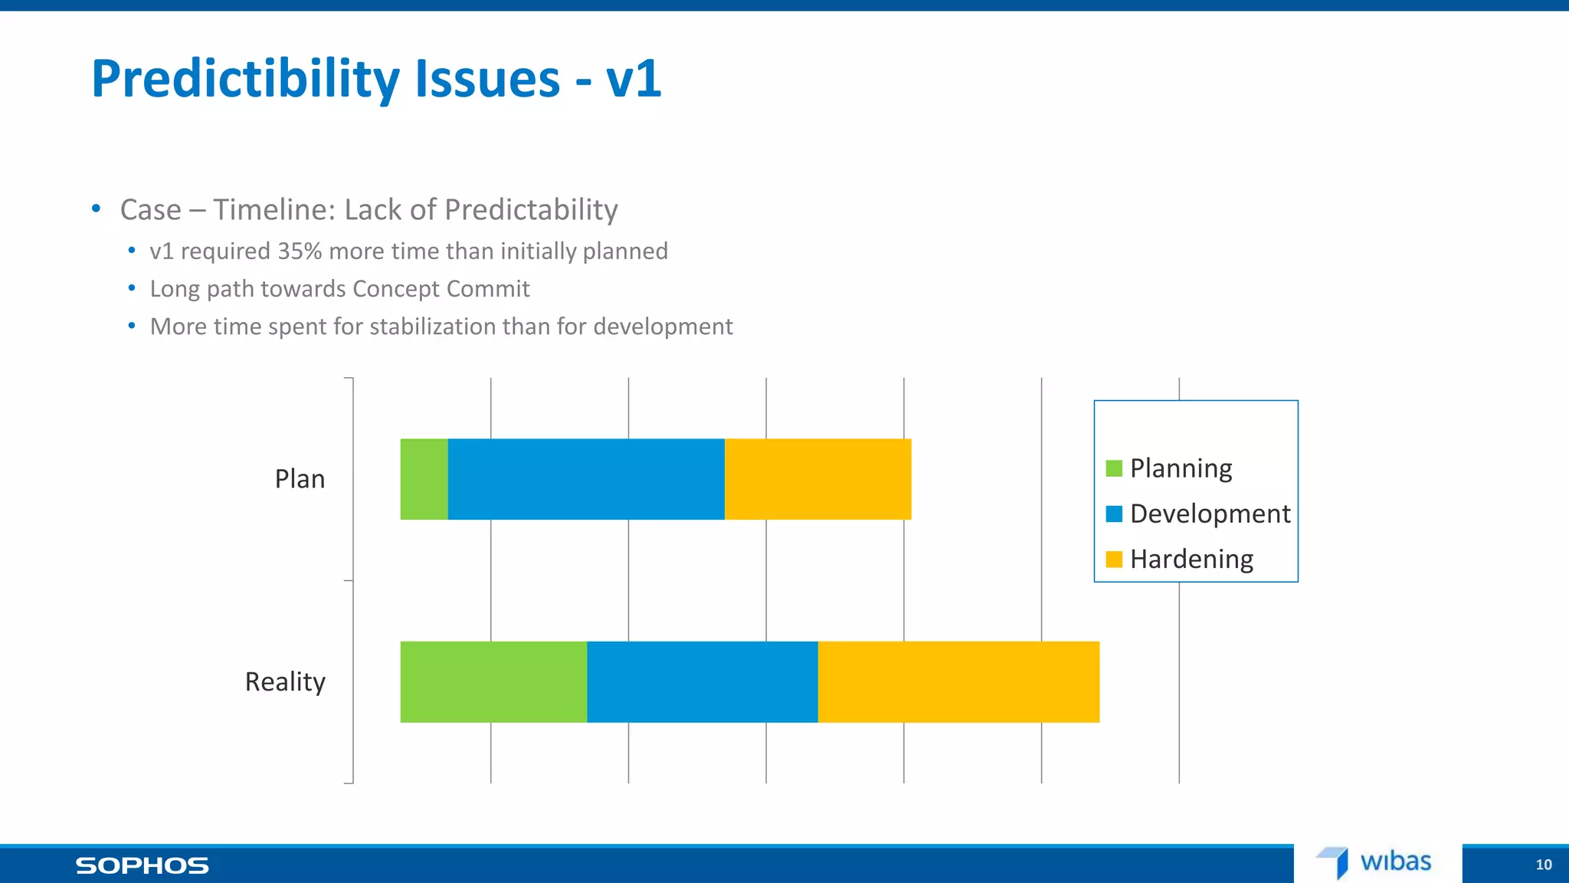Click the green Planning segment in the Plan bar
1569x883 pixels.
[424, 479]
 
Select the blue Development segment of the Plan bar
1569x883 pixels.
[586, 479]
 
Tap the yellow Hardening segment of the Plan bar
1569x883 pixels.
[817, 479]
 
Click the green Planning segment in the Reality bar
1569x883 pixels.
[493, 681]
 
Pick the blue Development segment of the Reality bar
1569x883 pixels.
[702, 681]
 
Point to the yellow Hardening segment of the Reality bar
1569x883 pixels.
[958, 681]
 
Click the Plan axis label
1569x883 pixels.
[300, 479]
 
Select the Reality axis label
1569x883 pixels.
[285, 681]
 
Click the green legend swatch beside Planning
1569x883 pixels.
[1114, 468]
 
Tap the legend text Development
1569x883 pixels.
[1210, 514]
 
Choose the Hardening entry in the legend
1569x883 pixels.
[1191, 559]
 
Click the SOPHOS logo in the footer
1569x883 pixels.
[142, 865]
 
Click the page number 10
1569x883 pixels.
[1543, 865]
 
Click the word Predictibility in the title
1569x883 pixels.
[245, 79]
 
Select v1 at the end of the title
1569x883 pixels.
[633, 79]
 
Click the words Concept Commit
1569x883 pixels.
[441, 289]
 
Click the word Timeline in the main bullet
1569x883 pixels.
[274, 210]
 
